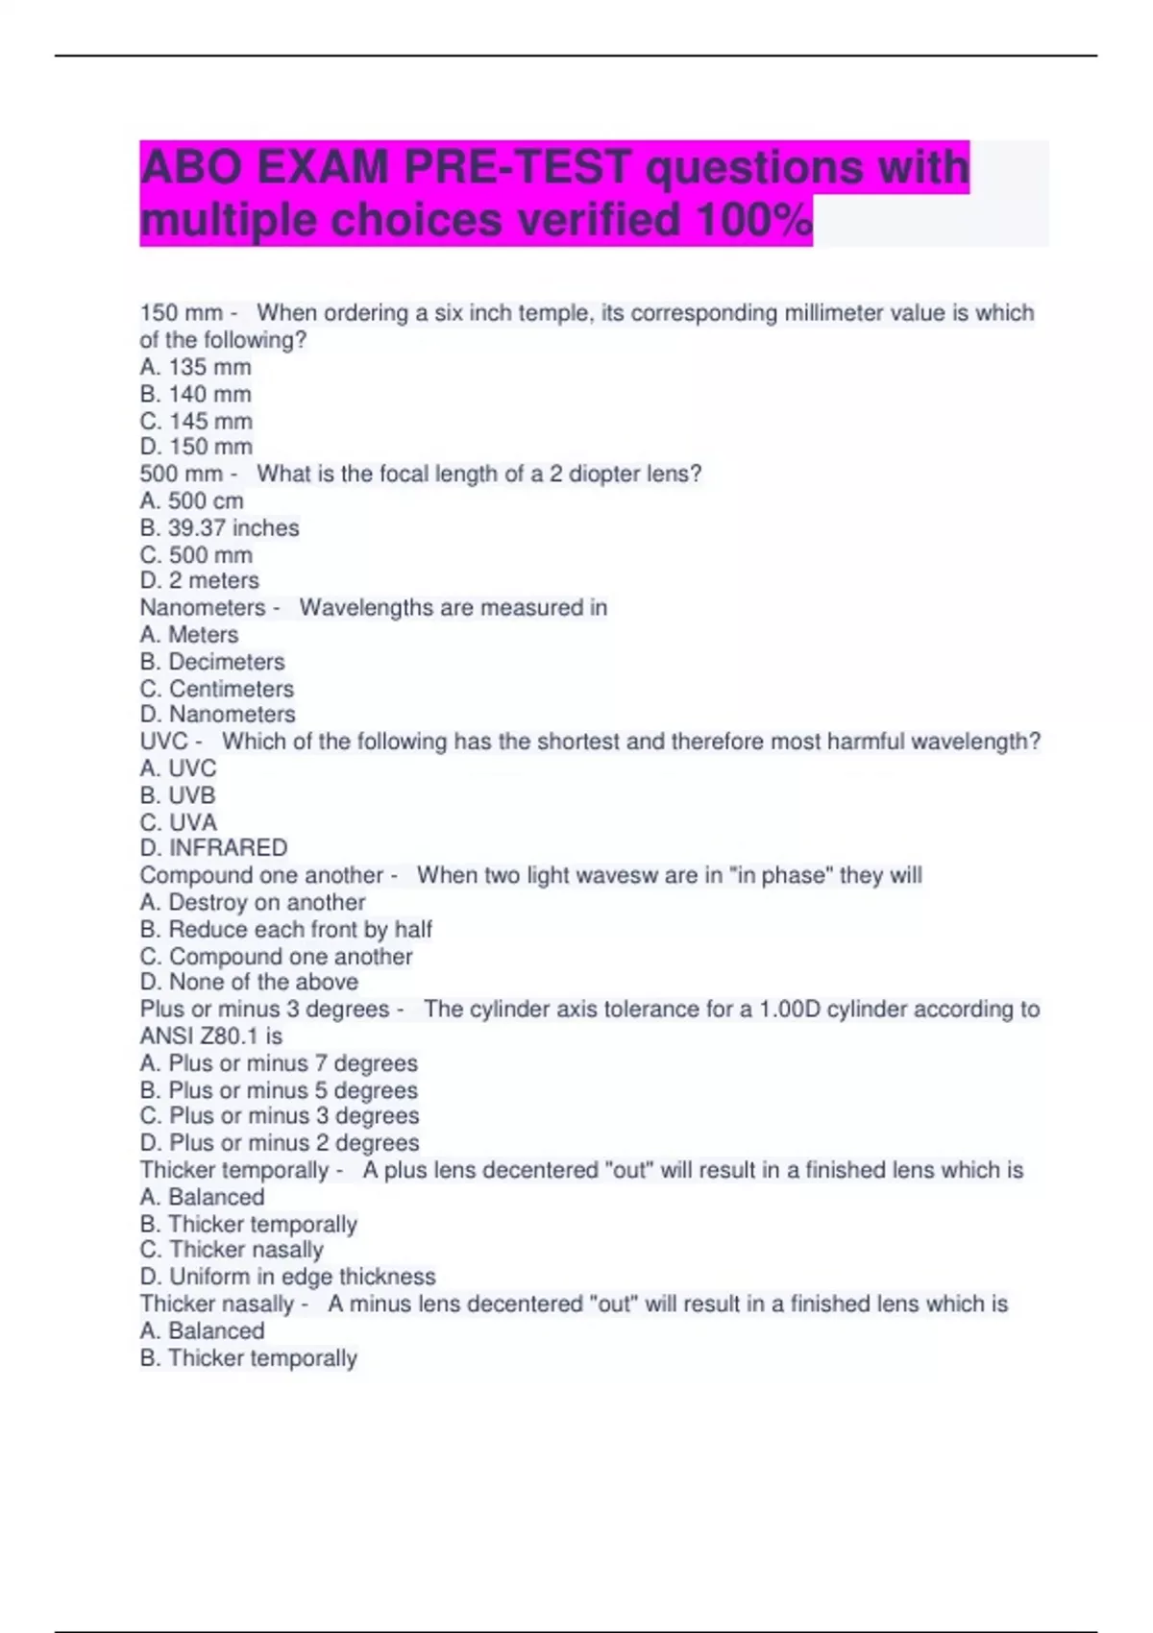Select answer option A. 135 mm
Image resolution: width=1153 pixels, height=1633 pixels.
[x=195, y=367]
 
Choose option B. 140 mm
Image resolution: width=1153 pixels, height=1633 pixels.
[x=195, y=394]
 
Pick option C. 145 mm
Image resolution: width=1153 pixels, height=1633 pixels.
[x=196, y=421]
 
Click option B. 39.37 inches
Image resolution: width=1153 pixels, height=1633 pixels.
[x=219, y=528]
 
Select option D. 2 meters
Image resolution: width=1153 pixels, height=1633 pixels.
[x=199, y=580]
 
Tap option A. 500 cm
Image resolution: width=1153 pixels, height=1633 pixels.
[x=191, y=500]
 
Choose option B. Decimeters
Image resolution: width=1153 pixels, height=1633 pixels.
[x=212, y=662]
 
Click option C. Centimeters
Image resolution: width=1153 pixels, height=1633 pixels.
[x=217, y=689]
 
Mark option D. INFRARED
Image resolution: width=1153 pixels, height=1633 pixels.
[x=213, y=847]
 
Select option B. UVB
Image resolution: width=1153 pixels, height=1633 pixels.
[x=178, y=795]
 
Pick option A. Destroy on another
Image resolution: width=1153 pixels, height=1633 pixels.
[x=253, y=902]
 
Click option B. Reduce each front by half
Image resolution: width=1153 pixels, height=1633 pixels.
[x=285, y=929]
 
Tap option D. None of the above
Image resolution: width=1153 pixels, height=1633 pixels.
[x=249, y=982]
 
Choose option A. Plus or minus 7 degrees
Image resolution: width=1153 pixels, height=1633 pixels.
[x=279, y=1063]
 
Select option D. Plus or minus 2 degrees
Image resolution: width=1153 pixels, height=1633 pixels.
[x=280, y=1143]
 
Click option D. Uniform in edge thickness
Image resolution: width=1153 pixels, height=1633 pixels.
[x=287, y=1277]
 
